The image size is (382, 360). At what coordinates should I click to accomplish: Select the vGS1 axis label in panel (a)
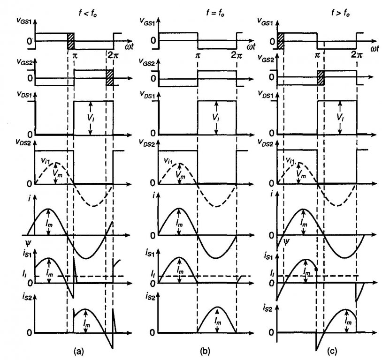click(23, 22)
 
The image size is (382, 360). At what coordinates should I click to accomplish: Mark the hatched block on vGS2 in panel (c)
click(321, 77)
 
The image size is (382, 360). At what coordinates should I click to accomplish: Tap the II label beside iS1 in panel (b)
click(152, 273)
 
